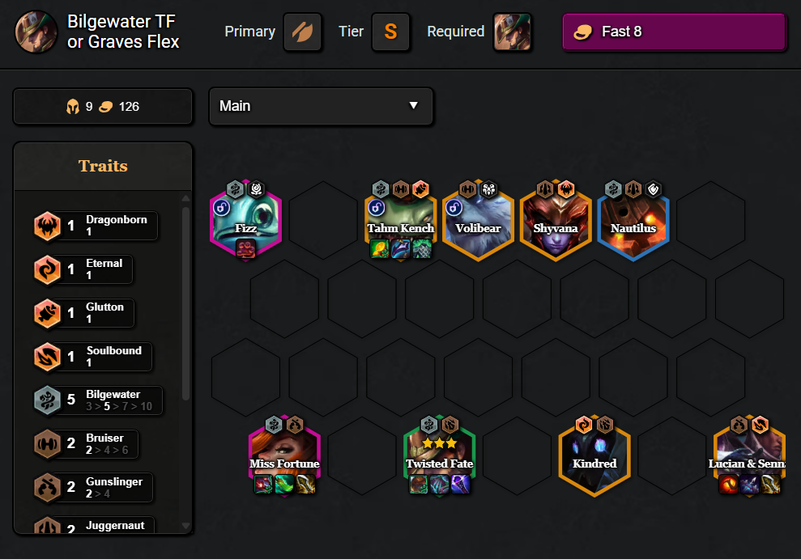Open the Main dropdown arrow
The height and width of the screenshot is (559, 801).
(x=414, y=106)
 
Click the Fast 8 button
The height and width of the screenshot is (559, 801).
(x=674, y=32)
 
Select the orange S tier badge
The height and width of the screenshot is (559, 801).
(x=390, y=32)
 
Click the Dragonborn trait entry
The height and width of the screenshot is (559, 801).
(x=96, y=226)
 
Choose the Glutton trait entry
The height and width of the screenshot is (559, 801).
(x=83, y=313)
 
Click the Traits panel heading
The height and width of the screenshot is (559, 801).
(x=103, y=166)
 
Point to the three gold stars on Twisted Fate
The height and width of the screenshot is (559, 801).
(x=439, y=443)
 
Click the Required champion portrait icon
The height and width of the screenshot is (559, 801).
(x=513, y=32)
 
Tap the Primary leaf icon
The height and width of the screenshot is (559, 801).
(x=302, y=32)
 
